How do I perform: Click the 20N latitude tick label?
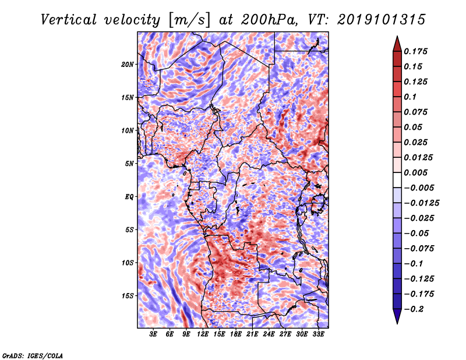[x=128, y=64]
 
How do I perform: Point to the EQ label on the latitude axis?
[x=129, y=196]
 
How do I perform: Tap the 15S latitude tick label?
[x=128, y=295]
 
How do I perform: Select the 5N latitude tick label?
[x=129, y=163]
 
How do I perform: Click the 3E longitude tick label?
[x=154, y=334]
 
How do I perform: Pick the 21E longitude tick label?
[x=252, y=334]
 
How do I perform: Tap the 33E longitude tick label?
[x=318, y=334]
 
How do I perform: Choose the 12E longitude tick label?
[x=203, y=334]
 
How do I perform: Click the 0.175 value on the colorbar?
[x=417, y=51]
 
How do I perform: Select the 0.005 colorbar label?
[x=417, y=172]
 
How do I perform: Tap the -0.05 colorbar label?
[x=417, y=233]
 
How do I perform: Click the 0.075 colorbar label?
[x=417, y=112]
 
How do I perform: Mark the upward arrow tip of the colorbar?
[x=396, y=38]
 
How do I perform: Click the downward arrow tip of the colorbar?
[x=396, y=322]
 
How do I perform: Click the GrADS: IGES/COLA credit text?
[x=32, y=355]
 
